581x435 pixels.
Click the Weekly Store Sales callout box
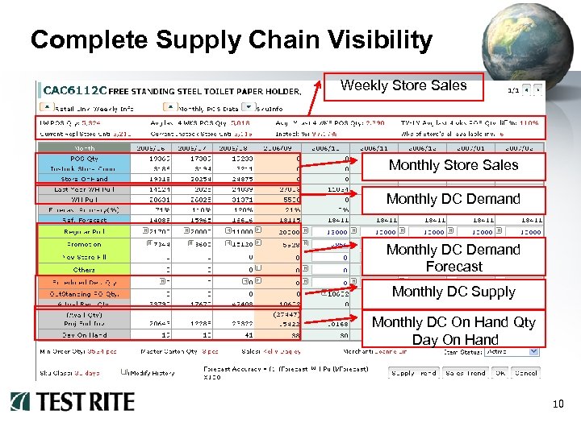(403, 86)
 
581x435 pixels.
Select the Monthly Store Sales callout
(454, 166)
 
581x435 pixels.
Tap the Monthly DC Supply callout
(454, 292)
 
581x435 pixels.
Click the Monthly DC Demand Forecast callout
(454, 258)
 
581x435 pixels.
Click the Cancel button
(526, 373)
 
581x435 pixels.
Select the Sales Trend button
(465, 373)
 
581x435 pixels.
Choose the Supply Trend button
(414, 373)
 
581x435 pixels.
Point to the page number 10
(557, 404)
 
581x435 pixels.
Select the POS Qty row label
(84, 159)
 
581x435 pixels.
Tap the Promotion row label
(84, 243)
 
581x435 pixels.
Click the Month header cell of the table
(84, 149)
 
